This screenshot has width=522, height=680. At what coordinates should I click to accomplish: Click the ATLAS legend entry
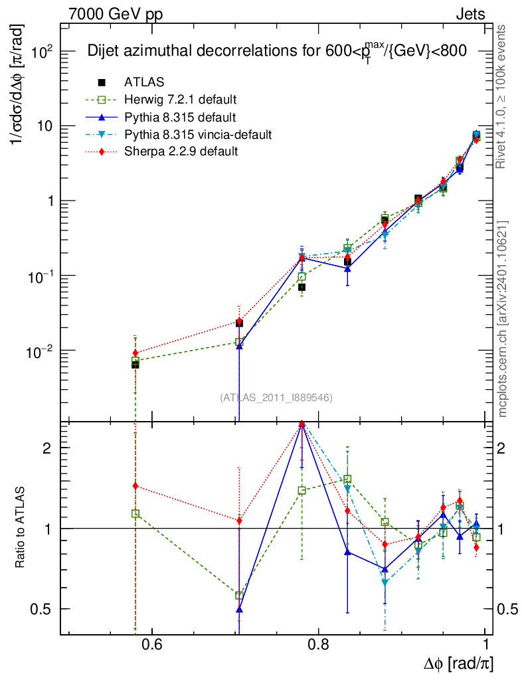pos(143,82)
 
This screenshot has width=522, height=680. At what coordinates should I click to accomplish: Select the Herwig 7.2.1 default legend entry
pos(180,100)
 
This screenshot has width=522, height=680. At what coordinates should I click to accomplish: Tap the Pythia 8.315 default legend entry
pos(180,118)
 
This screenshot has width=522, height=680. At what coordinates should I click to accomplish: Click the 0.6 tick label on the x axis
pos(152,645)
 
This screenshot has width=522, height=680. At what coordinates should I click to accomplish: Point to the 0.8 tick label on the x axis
pos(319,645)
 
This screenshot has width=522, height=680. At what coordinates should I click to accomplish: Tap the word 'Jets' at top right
pos(470,14)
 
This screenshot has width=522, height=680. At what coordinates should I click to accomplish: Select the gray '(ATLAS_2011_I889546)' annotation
pos(276,397)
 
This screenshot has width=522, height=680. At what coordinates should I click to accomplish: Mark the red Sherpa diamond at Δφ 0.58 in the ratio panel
pos(135,486)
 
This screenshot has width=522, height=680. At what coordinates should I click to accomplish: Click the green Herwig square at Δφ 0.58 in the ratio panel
pos(135,513)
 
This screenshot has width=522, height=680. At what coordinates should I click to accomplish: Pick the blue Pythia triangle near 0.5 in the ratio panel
pos(239,609)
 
